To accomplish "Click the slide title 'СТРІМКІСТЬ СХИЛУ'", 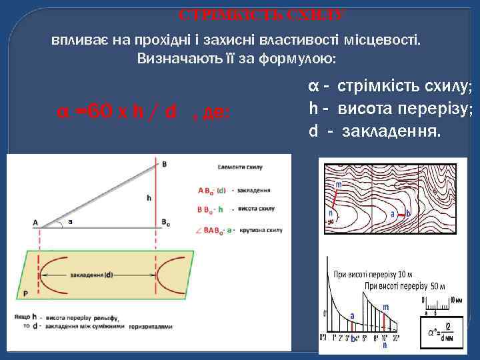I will pyautogui.click(x=261, y=14).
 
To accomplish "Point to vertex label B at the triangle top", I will pyautogui.click(x=164, y=163).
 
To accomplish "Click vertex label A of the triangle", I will pyautogui.click(x=35, y=223).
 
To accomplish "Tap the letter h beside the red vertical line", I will pyautogui.click(x=149, y=198).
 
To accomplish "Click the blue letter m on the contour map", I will pyautogui.click(x=339, y=183).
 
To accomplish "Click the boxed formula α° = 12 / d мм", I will pyautogui.click(x=441, y=329).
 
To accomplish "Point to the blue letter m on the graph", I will pyautogui.click(x=385, y=308).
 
